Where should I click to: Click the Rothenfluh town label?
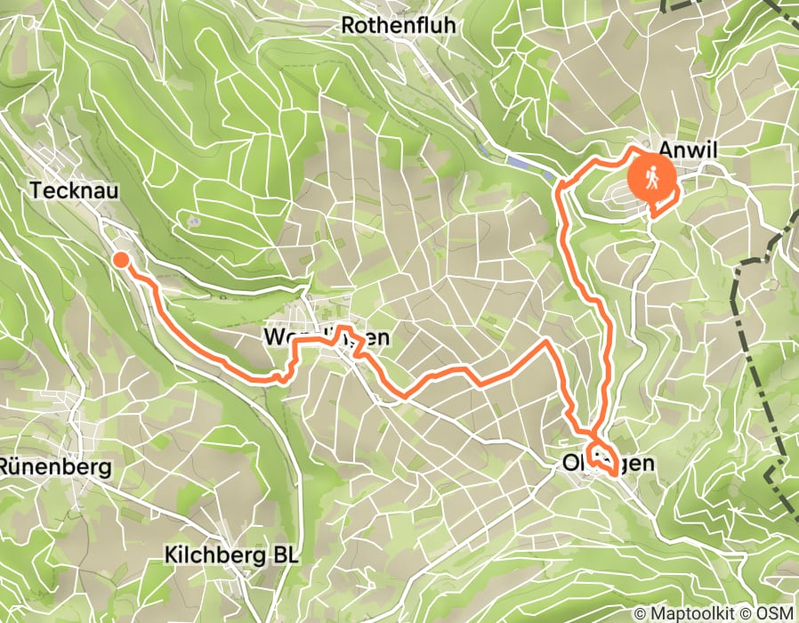point(399,26)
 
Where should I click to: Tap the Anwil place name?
point(689,151)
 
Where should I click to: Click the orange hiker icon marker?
point(653,178)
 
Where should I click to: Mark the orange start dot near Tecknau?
point(120,259)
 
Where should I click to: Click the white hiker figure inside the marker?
point(653,177)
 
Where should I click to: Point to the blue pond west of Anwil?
point(521,161)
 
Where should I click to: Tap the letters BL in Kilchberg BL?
point(286,555)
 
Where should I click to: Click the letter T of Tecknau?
point(36,190)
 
